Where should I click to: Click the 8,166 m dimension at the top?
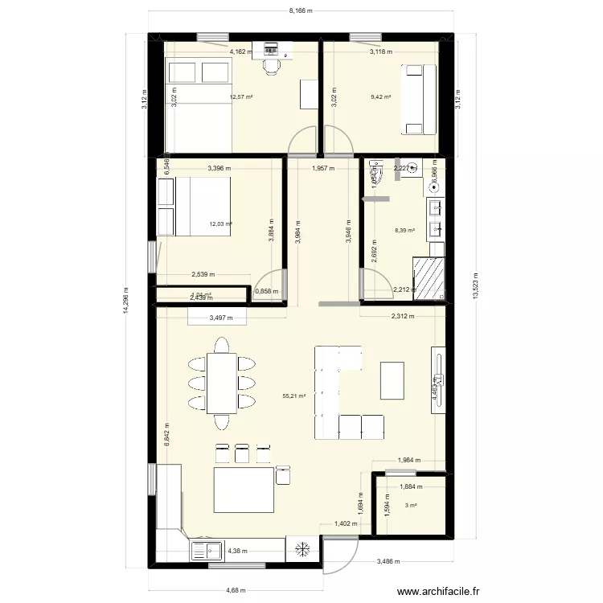(x=301, y=11)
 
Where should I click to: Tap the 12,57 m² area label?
(x=241, y=97)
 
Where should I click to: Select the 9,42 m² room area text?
(x=380, y=97)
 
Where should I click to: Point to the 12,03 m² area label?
(x=221, y=224)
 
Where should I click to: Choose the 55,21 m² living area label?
(x=294, y=396)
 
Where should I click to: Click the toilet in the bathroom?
(x=375, y=169)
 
